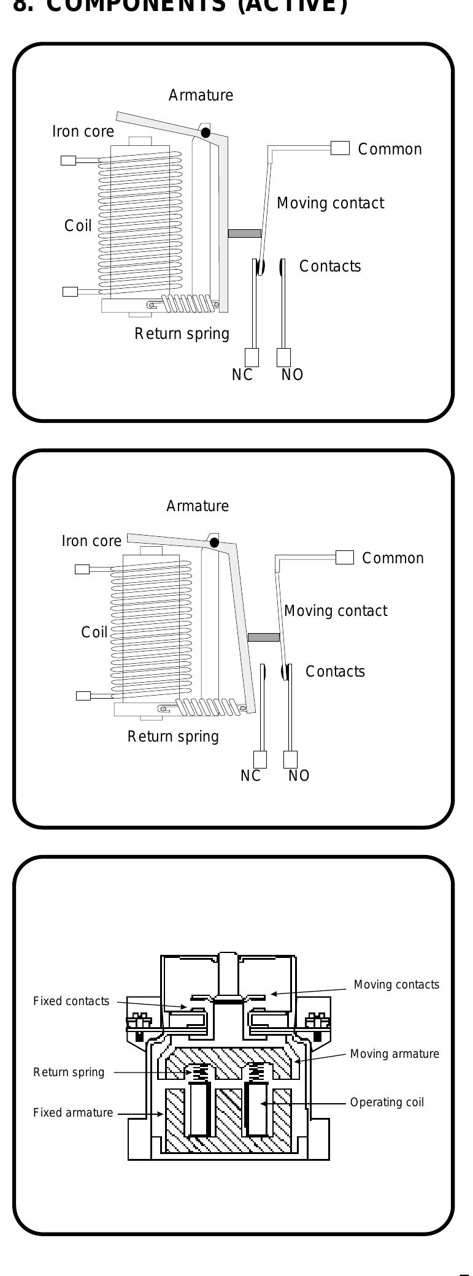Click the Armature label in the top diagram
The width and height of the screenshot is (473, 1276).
201,96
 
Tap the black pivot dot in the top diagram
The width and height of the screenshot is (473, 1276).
206,132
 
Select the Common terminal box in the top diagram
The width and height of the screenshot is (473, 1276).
340,148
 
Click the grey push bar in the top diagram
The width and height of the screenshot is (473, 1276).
244,234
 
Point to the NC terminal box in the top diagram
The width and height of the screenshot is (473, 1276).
252,357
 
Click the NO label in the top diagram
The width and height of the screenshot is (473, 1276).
292,375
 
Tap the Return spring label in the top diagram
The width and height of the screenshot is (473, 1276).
182,334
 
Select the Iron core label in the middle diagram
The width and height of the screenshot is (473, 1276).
91,541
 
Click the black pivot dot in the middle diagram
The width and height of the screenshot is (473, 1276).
214,542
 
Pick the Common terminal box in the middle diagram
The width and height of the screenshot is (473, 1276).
345,557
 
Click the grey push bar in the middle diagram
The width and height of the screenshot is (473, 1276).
263,637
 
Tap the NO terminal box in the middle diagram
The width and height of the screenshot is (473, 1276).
290,759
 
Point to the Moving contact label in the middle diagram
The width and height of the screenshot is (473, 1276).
336,611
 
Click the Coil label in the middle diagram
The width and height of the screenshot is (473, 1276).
94,632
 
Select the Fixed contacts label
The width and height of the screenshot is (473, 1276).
71,1001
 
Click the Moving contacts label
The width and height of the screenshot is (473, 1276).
396,985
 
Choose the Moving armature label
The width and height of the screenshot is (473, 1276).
394,1054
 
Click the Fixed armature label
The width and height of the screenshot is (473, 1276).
73,1113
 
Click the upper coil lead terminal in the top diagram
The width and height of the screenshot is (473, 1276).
68,161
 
